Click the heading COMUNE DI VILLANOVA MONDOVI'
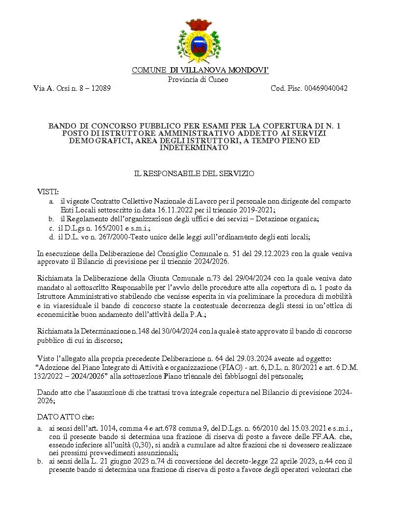(x=200, y=71)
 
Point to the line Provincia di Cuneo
(x=198, y=79)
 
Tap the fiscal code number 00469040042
(x=326, y=88)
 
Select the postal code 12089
(x=100, y=88)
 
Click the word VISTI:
(x=48, y=192)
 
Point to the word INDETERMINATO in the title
(x=200, y=147)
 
